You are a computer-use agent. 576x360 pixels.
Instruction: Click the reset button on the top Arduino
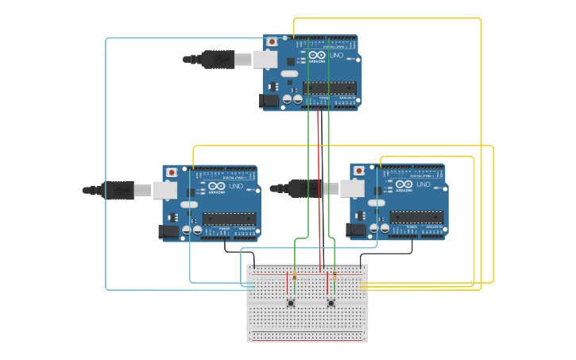[273, 41]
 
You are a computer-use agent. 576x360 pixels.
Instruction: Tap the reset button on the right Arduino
[359, 171]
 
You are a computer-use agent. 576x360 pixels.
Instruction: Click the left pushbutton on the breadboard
[292, 303]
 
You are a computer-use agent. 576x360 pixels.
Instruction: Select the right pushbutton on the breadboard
[331, 303]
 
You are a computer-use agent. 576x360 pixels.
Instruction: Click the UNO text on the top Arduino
[338, 55]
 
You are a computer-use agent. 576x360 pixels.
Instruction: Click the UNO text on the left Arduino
[237, 186]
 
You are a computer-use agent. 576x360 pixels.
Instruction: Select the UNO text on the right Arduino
[424, 184]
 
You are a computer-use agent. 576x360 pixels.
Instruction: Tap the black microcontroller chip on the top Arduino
[329, 88]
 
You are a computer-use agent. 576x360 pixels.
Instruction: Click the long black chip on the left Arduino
[229, 219]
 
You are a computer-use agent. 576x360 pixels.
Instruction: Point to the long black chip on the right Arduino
[416, 217]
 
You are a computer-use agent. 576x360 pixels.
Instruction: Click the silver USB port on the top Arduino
[265, 59]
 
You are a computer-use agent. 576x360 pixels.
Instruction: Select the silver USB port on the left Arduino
[165, 190]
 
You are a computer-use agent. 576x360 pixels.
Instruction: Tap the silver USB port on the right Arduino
[353, 188]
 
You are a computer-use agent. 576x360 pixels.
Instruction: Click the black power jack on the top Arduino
[270, 100]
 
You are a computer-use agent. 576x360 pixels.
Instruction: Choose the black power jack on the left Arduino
[168, 231]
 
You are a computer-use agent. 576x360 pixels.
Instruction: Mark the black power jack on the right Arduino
[357, 230]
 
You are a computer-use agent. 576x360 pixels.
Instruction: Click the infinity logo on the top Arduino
[316, 55]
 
